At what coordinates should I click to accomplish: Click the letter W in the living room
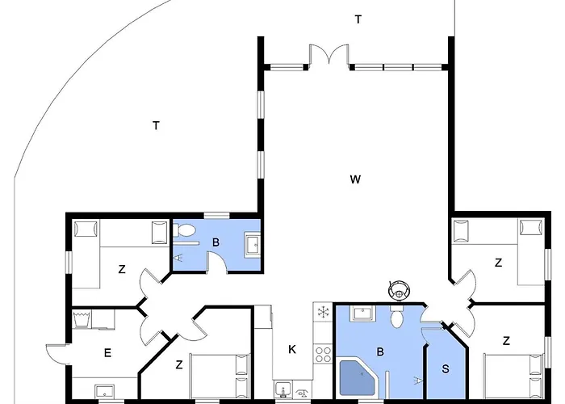pyautogui.click(x=355, y=179)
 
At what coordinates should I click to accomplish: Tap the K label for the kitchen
pyautogui.click(x=292, y=349)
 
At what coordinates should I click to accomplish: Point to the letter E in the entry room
pyautogui.click(x=107, y=353)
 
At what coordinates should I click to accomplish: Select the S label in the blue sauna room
pyautogui.click(x=446, y=368)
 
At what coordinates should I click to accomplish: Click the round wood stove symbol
pyautogui.click(x=400, y=289)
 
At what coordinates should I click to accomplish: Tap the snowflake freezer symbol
pyautogui.click(x=323, y=312)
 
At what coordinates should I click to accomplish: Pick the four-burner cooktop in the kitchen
pyautogui.click(x=323, y=354)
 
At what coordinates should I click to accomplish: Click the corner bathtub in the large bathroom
pyautogui.click(x=359, y=378)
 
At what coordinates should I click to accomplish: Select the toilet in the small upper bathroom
pyautogui.click(x=184, y=230)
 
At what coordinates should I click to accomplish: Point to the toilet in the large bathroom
pyautogui.click(x=397, y=317)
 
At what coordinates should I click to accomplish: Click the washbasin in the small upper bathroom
pyautogui.click(x=253, y=245)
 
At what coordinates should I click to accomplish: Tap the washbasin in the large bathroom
pyautogui.click(x=363, y=314)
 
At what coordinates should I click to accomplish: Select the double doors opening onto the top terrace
pyautogui.click(x=329, y=55)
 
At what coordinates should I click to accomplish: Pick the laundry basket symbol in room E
pyautogui.click(x=82, y=320)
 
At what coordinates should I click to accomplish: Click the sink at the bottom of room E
pyautogui.click(x=105, y=391)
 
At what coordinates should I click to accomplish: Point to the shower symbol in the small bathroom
pyautogui.click(x=178, y=258)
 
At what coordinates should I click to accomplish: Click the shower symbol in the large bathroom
pyautogui.click(x=418, y=380)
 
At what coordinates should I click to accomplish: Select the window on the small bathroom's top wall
pyautogui.click(x=216, y=216)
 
